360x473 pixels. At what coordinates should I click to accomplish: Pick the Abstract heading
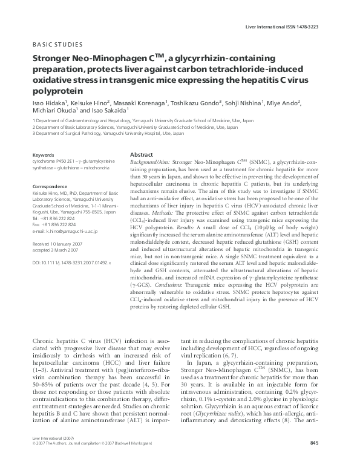tap(141, 155)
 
